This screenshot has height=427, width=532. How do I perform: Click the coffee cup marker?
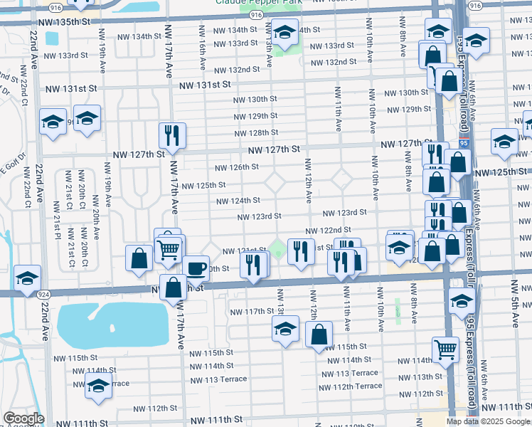coord(196,268)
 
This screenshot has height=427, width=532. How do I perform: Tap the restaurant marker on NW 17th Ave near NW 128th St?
coord(171,135)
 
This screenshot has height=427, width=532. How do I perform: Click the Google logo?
coord(23,418)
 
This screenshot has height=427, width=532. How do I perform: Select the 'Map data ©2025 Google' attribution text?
coord(489,421)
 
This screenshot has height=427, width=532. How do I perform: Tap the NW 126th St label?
coord(237,167)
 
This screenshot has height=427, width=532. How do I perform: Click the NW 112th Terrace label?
coord(351,386)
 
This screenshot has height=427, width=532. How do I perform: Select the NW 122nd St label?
coord(328,231)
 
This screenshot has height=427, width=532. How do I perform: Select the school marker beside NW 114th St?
coord(98,387)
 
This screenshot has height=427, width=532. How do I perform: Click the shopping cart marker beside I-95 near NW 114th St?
coord(445,349)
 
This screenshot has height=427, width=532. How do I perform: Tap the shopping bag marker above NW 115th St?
coord(319,333)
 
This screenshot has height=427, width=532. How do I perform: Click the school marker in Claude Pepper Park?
coord(284,33)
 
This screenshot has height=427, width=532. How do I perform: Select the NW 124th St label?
coord(238,201)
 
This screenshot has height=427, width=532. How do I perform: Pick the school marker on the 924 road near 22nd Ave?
coord(27,277)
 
